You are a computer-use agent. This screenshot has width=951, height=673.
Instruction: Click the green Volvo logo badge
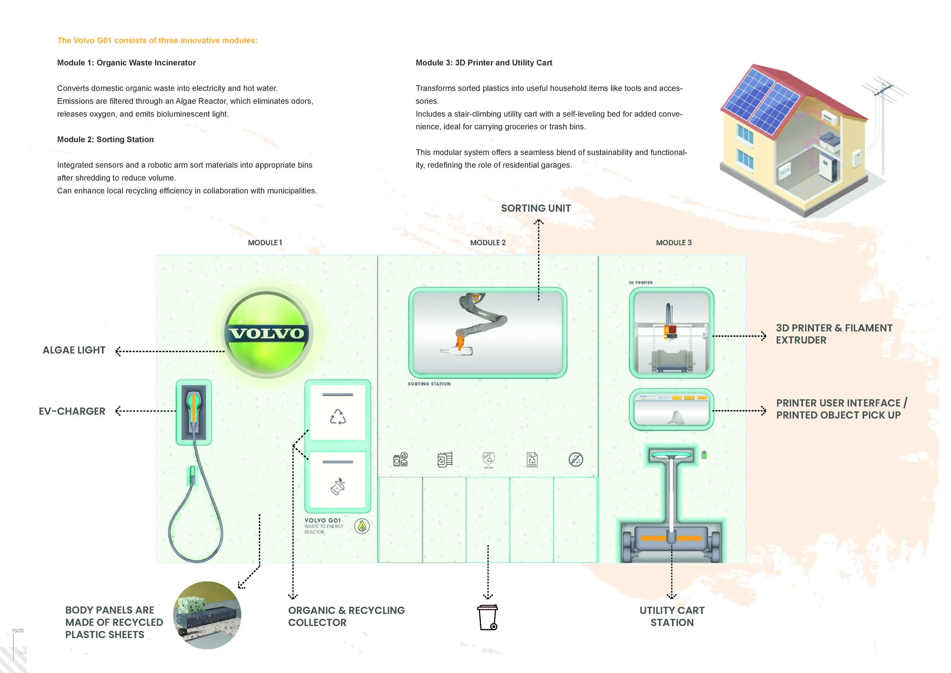(267, 334)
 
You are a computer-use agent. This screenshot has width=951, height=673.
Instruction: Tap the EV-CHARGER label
(72, 411)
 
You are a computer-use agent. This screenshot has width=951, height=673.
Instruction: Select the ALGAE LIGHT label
(74, 350)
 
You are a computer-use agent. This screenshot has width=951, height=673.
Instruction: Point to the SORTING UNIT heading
(536, 209)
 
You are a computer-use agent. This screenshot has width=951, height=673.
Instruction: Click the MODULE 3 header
(673, 243)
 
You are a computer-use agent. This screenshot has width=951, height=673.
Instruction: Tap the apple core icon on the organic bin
(337, 486)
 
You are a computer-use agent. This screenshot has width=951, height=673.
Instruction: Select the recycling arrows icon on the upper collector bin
(337, 417)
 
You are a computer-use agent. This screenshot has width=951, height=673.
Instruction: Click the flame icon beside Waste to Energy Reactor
(362, 526)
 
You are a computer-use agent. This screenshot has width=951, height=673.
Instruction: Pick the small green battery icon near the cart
(704, 455)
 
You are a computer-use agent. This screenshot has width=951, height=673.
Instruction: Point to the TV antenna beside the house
(884, 91)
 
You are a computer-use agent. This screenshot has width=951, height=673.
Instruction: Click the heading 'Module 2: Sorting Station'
(105, 140)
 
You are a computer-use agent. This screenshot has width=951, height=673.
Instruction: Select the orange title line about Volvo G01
(157, 41)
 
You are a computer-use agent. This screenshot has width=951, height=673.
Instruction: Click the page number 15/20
(18, 631)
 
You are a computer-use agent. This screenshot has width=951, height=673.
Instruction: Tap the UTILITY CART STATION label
(672, 617)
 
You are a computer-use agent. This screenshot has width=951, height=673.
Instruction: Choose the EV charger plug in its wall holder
(193, 410)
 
